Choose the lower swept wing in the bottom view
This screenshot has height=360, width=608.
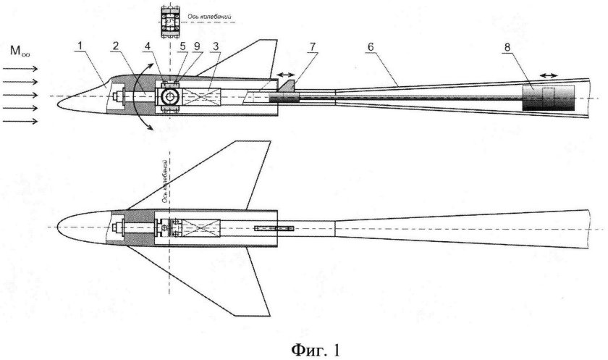point(210,279)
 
